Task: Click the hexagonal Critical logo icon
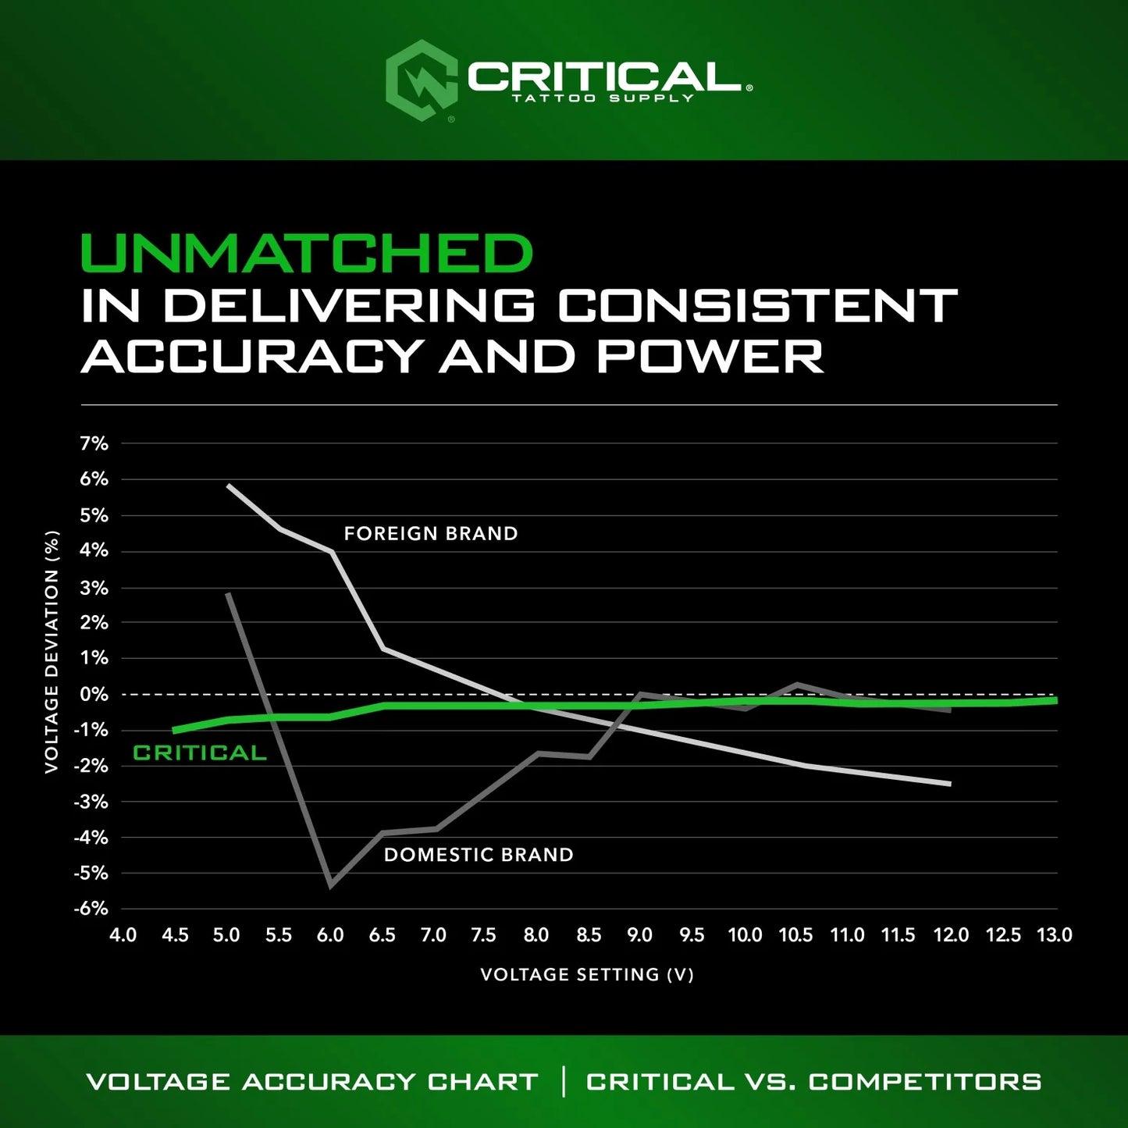click(x=422, y=80)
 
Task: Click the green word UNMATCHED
click(x=306, y=254)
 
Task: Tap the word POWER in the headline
click(x=710, y=356)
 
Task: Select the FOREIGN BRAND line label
click(x=431, y=534)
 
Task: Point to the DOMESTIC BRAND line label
click(x=479, y=855)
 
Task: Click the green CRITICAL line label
click(x=200, y=753)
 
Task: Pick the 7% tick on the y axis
click(x=94, y=443)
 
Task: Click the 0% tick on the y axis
click(x=94, y=694)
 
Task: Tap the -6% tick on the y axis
click(x=91, y=909)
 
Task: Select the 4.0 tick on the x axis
click(x=123, y=935)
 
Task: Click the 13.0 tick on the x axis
click(x=1054, y=935)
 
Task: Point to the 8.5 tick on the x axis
click(x=589, y=935)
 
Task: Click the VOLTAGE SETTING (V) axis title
click(x=587, y=974)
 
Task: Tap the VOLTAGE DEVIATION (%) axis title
click(x=52, y=652)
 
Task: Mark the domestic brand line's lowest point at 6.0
click(x=331, y=885)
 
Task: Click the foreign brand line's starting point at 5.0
click(x=228, y=485)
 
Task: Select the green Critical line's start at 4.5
click(x=174, y=731)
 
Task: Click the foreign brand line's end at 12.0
click(x=950, y=784)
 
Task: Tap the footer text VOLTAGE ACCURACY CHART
click(x=312, y=1082)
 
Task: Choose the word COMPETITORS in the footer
click(x=925, y=1082)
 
